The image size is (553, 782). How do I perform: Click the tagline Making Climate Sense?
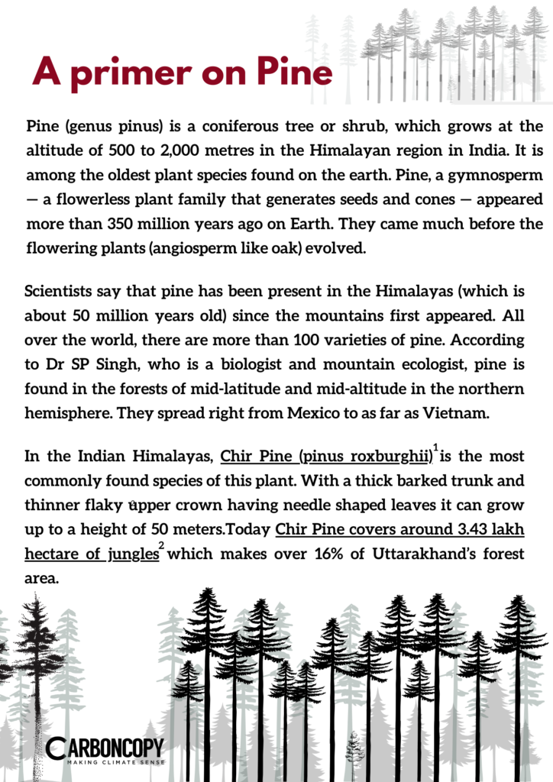point(115,762)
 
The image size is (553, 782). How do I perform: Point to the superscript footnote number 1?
point(435,448)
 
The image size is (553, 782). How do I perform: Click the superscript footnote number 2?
point(162,544)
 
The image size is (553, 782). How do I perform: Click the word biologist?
point(270,364)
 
